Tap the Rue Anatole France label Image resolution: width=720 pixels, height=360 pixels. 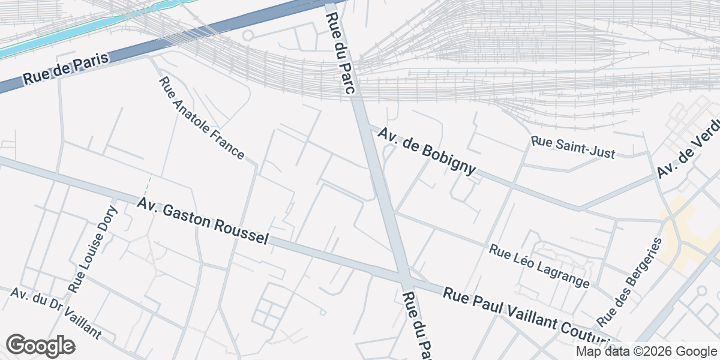coord(201,118)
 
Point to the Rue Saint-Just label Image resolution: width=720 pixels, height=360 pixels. coord(573,148)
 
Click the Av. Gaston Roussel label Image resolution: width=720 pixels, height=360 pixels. coord(202,221)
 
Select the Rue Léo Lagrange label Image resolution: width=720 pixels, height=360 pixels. coord(539,265)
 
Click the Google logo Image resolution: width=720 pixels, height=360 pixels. coord(40,346)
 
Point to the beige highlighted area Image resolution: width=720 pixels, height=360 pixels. coord(681,234)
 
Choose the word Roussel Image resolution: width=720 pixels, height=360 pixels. coord(239,230)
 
